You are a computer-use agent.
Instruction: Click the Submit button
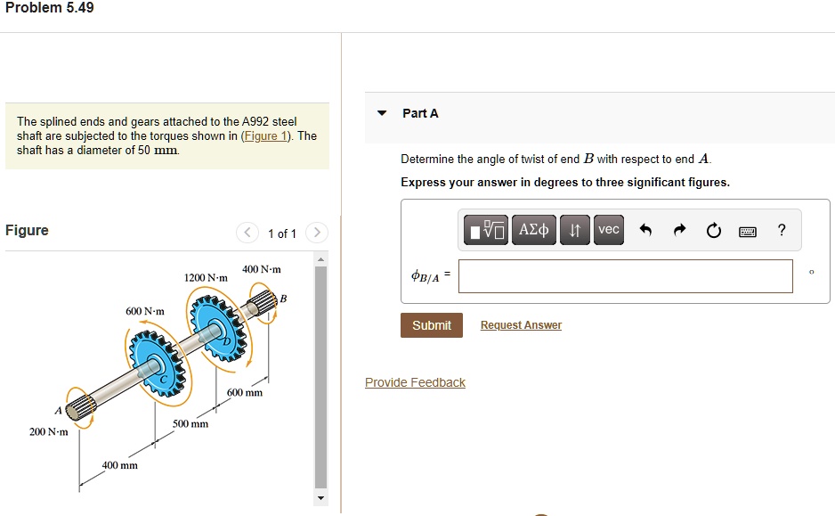(431, 325)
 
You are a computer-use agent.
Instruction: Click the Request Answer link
(521, 325)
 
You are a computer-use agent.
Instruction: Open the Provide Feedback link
(415, 382)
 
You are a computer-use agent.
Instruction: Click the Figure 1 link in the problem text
(267, 136)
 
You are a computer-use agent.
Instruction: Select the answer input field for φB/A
(625, 276)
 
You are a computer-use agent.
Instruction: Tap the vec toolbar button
(608, 230)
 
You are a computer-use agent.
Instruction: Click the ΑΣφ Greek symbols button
(533, 230)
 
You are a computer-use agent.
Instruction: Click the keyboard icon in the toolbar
(747, 231)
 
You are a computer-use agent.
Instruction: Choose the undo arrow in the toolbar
(646, 231)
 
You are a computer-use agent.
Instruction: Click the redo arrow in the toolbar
(679, 231)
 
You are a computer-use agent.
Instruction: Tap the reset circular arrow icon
(713, 231)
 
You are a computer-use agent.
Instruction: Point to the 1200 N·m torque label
(206, 278)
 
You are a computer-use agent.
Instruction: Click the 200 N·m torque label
(48, 431)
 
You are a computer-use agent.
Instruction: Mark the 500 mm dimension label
(191, 424)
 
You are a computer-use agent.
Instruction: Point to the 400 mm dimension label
(119, 465)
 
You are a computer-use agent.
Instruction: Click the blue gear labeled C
(155, 364)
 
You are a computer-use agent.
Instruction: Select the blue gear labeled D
(218, 328)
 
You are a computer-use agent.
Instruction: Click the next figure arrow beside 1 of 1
(316, 233)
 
